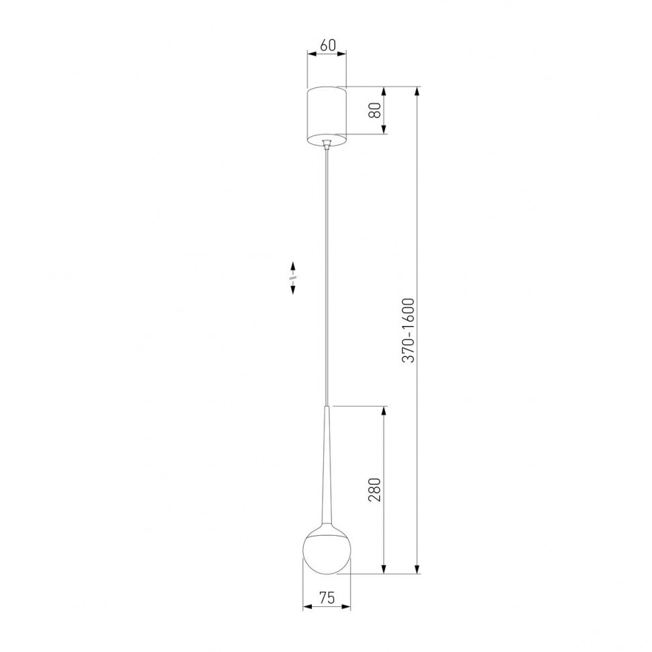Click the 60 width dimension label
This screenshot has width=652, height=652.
327,46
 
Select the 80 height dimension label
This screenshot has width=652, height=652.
378,110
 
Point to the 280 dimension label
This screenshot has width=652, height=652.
376,490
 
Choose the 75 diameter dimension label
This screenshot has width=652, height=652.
327,596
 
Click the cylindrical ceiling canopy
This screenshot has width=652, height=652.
327,116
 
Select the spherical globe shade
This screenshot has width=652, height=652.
327,552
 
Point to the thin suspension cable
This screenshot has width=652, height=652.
327,269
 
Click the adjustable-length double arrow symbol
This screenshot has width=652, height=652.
293,276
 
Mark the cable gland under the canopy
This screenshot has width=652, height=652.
327,144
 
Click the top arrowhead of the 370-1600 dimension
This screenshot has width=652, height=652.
418,91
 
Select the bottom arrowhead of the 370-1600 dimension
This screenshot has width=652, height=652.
418,570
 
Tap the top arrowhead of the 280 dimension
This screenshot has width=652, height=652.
384,411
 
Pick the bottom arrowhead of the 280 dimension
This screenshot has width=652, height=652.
384,570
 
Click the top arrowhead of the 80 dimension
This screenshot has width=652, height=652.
384,91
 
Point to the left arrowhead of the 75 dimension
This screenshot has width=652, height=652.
307,607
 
